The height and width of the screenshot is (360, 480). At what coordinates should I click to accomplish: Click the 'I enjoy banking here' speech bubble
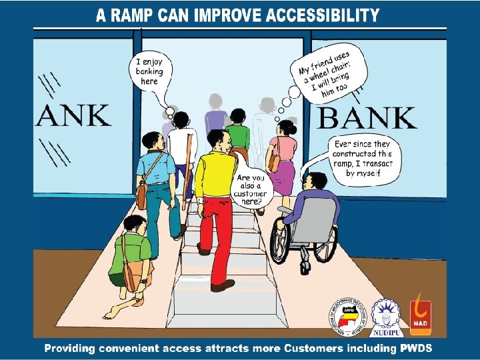150,71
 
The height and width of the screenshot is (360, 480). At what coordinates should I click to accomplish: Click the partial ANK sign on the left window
73,115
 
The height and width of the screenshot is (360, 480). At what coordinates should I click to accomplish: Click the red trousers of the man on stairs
219,233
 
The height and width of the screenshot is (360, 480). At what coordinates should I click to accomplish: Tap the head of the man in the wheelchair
315,181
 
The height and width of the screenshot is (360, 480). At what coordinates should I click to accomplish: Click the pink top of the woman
283,147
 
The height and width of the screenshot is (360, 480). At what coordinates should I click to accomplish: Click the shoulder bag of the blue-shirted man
141,194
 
